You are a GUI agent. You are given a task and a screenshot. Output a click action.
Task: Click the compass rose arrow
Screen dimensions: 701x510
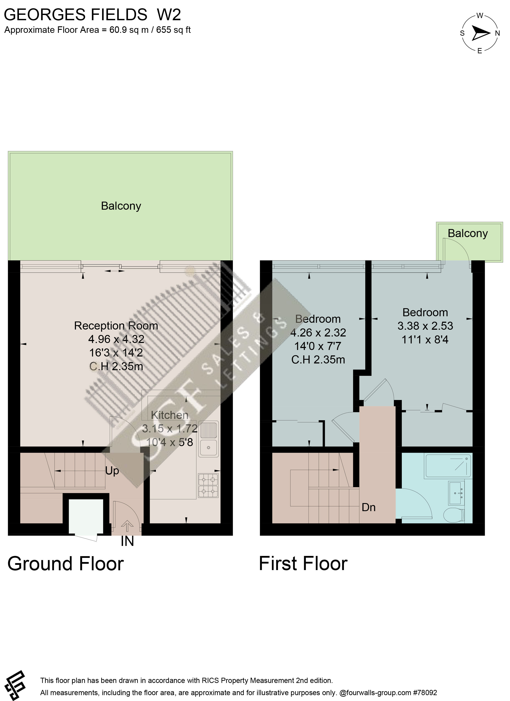(x=480, y=33)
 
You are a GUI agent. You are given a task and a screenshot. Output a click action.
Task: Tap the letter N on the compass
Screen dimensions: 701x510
(x=497, y=33)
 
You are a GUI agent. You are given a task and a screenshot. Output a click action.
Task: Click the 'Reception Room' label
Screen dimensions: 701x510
(x=116, y=326)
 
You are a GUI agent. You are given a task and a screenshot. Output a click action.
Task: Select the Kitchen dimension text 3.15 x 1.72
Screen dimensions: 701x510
(x=170, y=429)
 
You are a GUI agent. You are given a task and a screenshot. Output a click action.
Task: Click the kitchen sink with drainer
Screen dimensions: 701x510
(x=208, y=439)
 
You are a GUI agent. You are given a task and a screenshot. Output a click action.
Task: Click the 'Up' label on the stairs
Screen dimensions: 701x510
(x=112, y=471)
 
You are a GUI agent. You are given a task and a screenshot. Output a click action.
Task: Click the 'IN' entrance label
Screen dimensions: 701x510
(x=127, y=541)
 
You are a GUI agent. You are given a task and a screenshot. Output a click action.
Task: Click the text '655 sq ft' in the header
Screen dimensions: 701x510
(x=173, y=30)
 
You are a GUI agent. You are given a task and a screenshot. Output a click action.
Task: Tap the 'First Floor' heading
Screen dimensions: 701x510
(x=303, y=564)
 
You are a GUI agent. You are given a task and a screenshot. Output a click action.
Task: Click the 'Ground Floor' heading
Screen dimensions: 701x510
(x=66, y=564)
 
